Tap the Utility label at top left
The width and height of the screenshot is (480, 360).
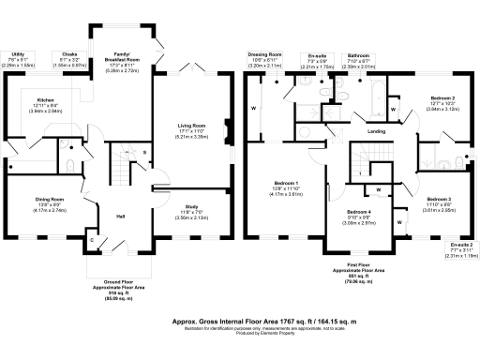pyautogui.click(x=17, y=54)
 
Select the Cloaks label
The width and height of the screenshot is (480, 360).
pyautogui.click(x=68, y=54)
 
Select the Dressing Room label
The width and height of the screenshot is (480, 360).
pyautogui.click(x=265, y=54)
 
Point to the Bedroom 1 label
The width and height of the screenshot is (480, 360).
pyautogui.click(x=285, y=182)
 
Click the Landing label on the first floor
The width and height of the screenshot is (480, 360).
pyautogui.click(x=377, y=132)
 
